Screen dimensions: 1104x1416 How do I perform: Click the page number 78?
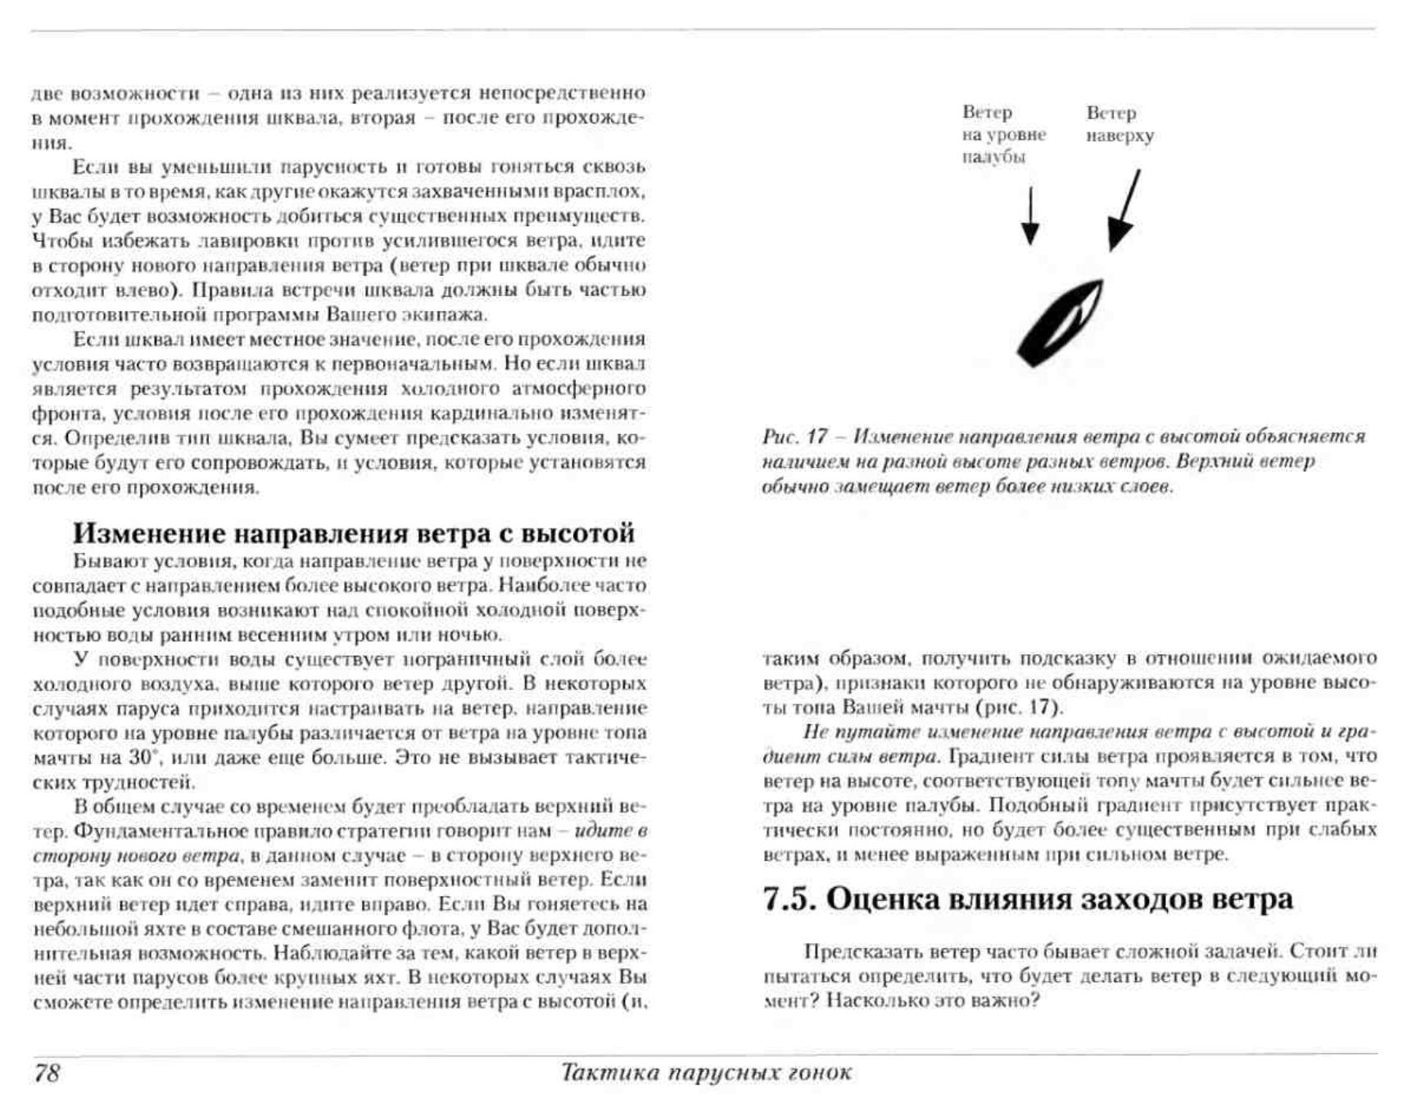pos(47,1073)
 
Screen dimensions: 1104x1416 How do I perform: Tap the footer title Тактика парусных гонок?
pos(706,1072)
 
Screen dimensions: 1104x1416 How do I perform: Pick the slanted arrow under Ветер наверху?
pos(1124,210)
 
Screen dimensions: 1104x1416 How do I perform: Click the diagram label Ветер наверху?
pos(1119,124)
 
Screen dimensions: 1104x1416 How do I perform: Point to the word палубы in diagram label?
pos(993,157)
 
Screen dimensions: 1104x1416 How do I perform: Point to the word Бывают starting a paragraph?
pos(101,562)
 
